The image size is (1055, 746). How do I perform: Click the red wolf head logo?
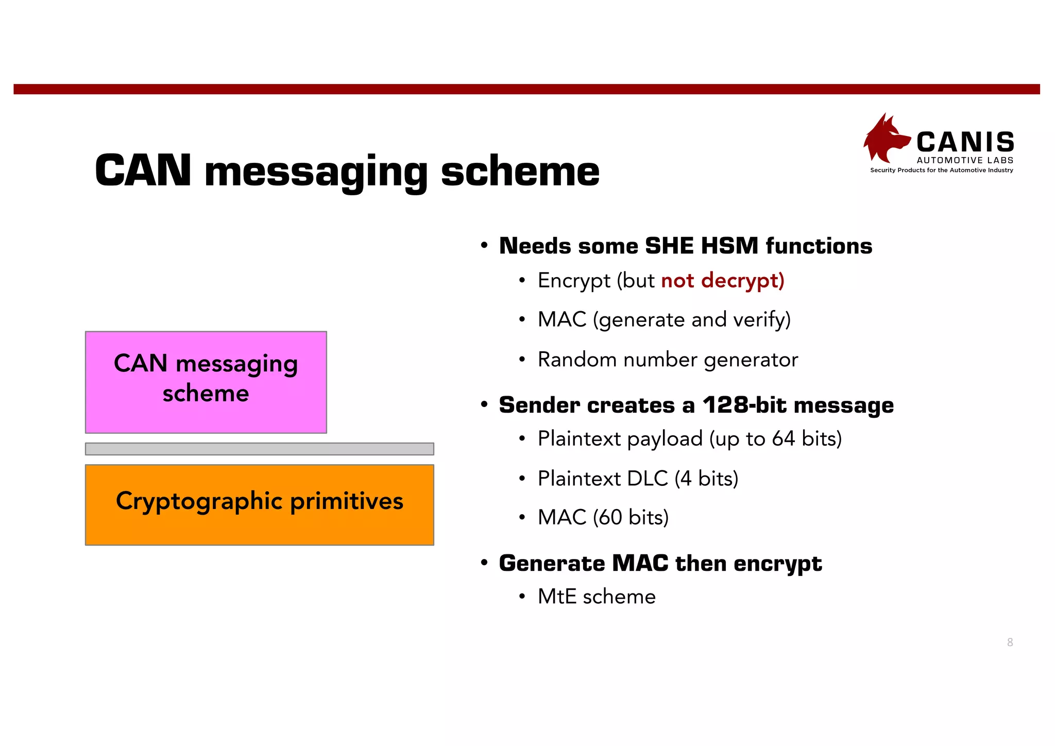(x=885, y=138)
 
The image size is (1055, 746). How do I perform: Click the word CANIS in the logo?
(x=965, y=142)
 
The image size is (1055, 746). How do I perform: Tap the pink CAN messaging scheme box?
(x=206, y=382)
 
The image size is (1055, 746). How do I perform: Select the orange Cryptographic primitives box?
(x=259, y=504)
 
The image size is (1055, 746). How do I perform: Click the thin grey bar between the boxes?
(x=259, y=449)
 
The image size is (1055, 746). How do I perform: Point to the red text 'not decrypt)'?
(x=722, y=281)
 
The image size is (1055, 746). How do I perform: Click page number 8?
(x=1010, y=642)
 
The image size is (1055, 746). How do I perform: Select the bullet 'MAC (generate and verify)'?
(x=663, y=320)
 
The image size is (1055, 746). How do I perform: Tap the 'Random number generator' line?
(x=668, y=360)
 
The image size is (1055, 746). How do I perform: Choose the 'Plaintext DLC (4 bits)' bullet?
(x=638, y=479)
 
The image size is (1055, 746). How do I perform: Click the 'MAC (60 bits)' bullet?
(x=603, y=517)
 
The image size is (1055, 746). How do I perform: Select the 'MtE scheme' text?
(x=597, y=597)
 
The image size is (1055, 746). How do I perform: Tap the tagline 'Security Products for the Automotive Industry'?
(x=941, y=171)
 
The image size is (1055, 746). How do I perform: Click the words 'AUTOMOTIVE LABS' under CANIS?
(x=965, y=160)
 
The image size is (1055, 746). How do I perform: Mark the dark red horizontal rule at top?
(x=526, y=89)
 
